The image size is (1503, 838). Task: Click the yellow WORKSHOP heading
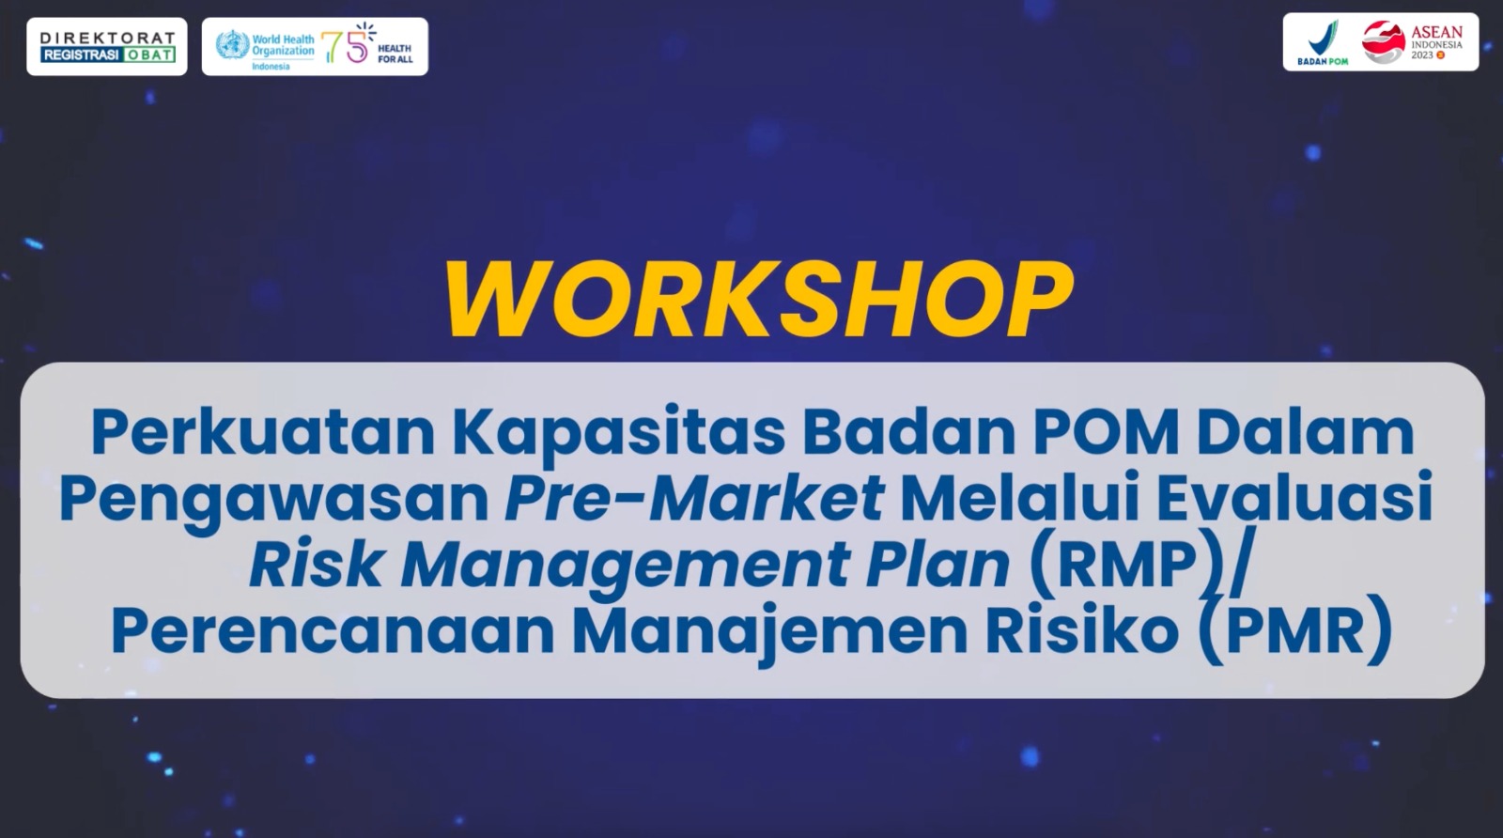click(x=759, y=300)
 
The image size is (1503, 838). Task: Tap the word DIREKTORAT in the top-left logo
click(x=107, y=38)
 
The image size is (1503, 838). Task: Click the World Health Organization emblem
click(x=232, y=46)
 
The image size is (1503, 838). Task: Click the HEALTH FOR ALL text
click(x=395, y=54)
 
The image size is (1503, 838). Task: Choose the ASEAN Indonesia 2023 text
click(x=1436, y=41)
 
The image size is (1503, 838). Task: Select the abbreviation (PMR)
click(x=1293, y=632)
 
